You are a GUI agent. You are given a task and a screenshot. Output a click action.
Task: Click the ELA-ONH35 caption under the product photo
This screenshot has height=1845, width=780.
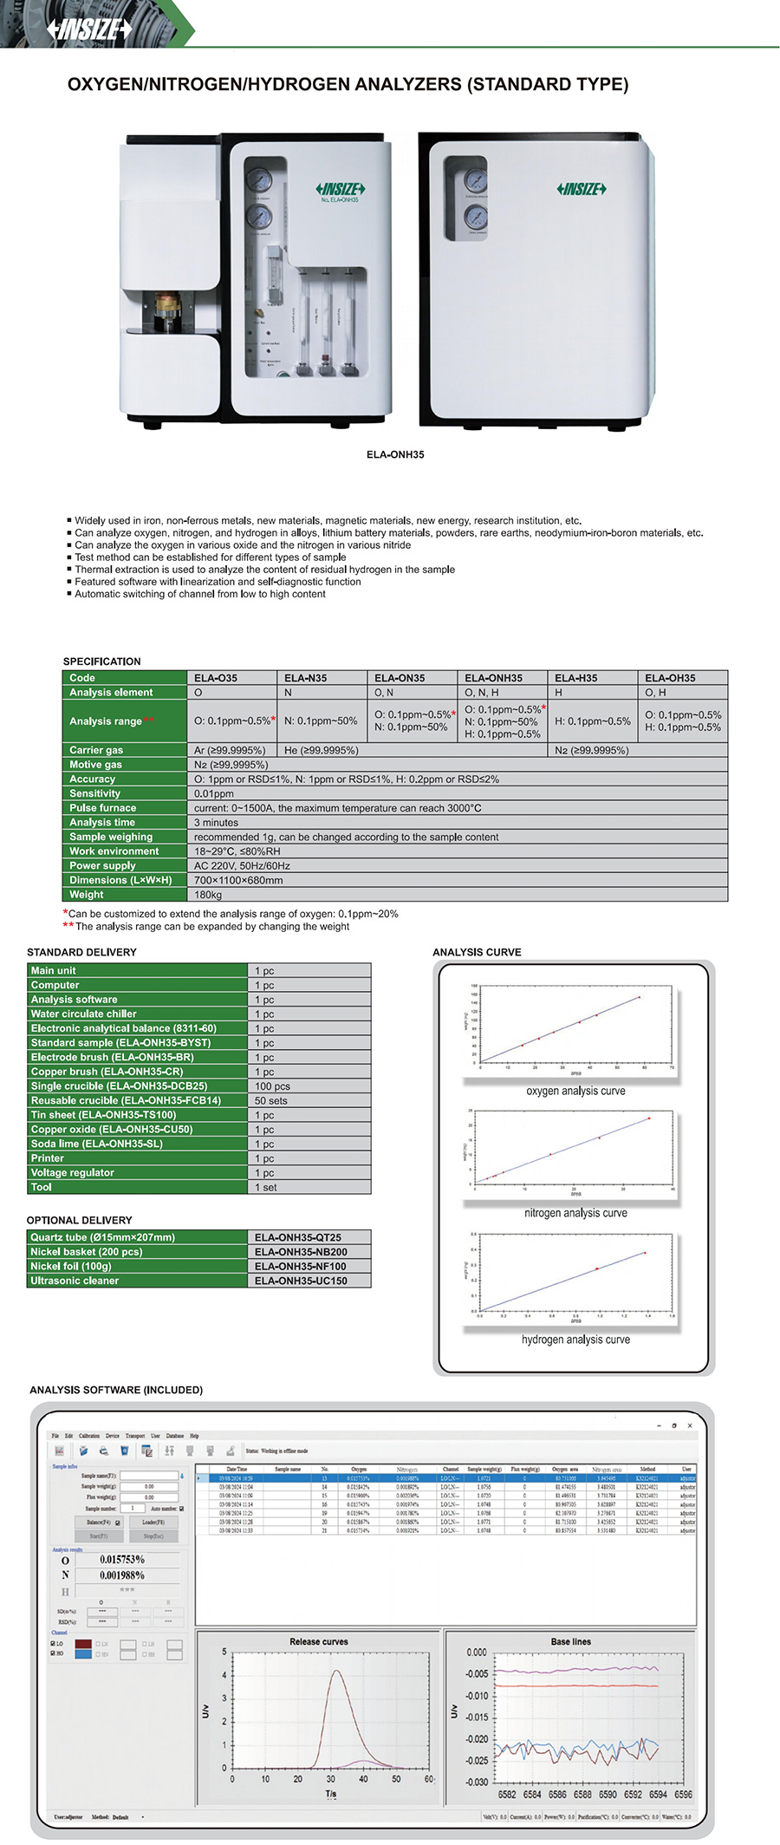[395, 454]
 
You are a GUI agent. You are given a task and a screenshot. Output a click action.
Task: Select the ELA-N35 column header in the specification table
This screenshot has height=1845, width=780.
[305, 678]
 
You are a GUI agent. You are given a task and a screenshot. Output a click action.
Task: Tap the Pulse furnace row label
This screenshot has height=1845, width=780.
[102, 808]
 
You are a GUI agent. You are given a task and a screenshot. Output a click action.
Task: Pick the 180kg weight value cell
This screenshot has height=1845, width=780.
[208, 895]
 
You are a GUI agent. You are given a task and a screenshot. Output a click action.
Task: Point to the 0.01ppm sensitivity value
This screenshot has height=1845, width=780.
[214, 793]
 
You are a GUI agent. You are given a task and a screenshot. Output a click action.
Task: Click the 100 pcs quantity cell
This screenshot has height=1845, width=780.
[272, 1086]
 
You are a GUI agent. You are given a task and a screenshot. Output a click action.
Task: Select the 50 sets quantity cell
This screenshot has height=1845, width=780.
[270, 1100]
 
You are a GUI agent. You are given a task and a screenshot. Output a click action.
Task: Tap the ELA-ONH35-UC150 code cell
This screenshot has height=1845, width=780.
[301, 1281]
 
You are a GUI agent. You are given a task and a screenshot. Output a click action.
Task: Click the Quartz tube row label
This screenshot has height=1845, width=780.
[102, 1237]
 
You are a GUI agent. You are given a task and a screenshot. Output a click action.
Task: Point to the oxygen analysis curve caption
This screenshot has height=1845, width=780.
[575, 1091]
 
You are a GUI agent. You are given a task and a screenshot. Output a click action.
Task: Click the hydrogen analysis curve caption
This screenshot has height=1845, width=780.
[575, 1340]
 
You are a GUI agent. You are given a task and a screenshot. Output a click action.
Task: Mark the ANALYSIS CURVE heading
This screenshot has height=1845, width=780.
[477, 952]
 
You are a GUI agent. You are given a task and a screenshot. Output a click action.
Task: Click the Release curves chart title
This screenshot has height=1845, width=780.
[318, 1641]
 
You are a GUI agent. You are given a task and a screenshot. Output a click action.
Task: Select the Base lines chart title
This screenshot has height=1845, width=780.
[570, 1641]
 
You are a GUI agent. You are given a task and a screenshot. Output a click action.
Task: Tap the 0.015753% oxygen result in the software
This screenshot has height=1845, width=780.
[122, 1559]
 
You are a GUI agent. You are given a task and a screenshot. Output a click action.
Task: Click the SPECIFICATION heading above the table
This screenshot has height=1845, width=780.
[101, 662]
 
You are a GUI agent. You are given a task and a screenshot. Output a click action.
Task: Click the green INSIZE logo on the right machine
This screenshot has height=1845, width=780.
[581, 189]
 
